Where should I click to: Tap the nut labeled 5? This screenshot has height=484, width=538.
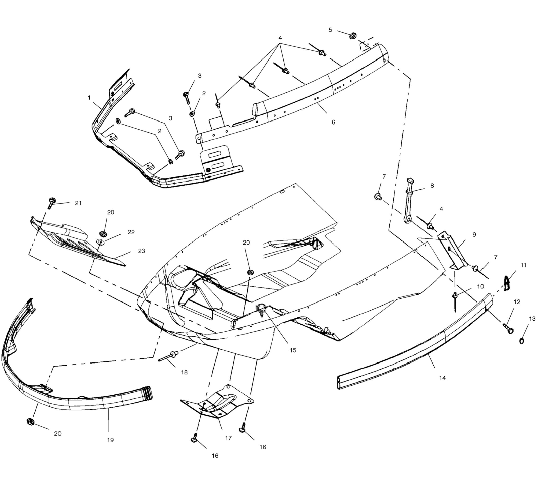(353, 36)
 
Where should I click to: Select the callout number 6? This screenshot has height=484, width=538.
(333, 122)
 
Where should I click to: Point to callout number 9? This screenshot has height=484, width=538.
(474, 235)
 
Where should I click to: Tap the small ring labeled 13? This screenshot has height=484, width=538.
(522, 341)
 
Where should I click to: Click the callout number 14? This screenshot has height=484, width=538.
(442, 378)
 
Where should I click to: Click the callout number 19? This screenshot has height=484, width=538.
(110, 440)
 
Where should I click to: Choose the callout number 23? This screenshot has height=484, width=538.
(142, 251)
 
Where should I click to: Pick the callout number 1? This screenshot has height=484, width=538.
(89, 98)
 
